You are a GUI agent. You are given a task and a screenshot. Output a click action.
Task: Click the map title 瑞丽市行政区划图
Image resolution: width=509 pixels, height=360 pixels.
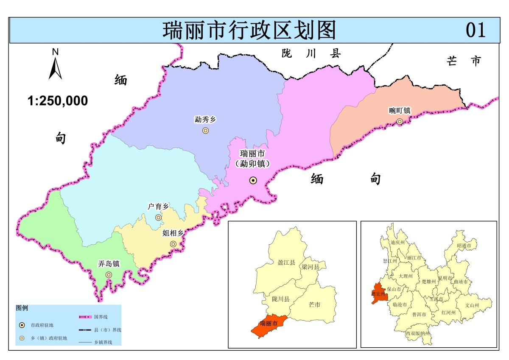point(249,30)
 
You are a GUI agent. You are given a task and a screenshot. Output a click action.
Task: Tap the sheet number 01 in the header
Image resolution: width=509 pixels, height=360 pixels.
point(475,30)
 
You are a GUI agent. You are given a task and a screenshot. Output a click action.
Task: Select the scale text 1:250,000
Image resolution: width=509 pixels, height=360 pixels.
point(58,101)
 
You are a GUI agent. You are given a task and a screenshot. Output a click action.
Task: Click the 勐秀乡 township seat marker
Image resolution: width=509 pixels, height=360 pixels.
point(205,131)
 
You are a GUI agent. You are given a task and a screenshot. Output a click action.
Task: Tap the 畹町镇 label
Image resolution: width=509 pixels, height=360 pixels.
point(400,111)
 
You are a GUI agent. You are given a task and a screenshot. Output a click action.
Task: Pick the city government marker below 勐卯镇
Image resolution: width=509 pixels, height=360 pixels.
point(253,181)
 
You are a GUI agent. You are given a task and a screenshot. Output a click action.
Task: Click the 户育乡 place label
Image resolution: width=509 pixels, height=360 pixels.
point(158,207)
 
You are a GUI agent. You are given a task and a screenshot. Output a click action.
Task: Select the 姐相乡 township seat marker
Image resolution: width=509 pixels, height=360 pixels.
point(173,244)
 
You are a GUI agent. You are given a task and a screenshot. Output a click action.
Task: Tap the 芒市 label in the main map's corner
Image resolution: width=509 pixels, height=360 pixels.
point(464,61)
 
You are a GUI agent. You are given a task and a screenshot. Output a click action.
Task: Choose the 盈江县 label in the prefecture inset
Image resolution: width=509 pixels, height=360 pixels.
point(286,263)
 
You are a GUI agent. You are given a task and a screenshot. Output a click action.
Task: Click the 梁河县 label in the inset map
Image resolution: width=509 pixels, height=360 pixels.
point(310,267)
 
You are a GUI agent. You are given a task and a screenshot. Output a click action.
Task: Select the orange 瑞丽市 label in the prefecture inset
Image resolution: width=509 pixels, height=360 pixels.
point(269,324)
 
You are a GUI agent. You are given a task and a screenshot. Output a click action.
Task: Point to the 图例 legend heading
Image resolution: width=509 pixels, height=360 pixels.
point(22,308)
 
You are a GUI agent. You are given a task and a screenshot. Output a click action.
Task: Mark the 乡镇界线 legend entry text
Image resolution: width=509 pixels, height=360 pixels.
point(103,342)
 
